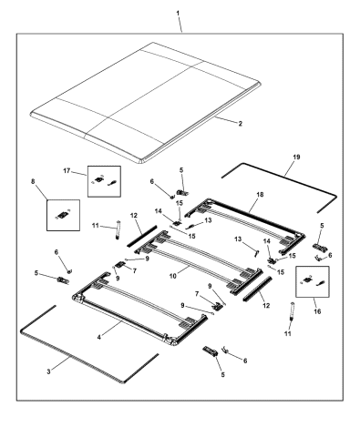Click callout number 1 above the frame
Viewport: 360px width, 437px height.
coord(178,14)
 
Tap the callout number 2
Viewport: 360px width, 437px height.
coord(241,124)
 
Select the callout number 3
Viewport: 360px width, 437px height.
coord(48,371)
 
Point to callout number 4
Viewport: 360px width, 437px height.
coord(99,337)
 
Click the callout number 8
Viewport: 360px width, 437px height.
coord(33,181)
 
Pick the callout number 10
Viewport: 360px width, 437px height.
coord(173,276)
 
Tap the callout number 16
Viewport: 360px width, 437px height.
coord(317,311)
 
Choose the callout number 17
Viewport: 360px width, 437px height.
coord(67,171)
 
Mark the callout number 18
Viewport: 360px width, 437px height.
coord(260,195)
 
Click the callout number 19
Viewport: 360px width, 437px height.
coord(296,158)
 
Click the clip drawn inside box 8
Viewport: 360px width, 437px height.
coord(64,215)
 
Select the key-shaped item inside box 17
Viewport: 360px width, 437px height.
coord(112,183)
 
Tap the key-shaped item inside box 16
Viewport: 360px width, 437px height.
coord(320,283)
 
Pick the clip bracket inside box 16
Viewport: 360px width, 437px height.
coord(307,280)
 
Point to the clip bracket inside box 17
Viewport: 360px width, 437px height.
coord(98,179)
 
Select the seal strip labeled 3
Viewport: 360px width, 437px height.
coord(70,356)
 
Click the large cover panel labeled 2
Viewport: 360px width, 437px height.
coord(146,102)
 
